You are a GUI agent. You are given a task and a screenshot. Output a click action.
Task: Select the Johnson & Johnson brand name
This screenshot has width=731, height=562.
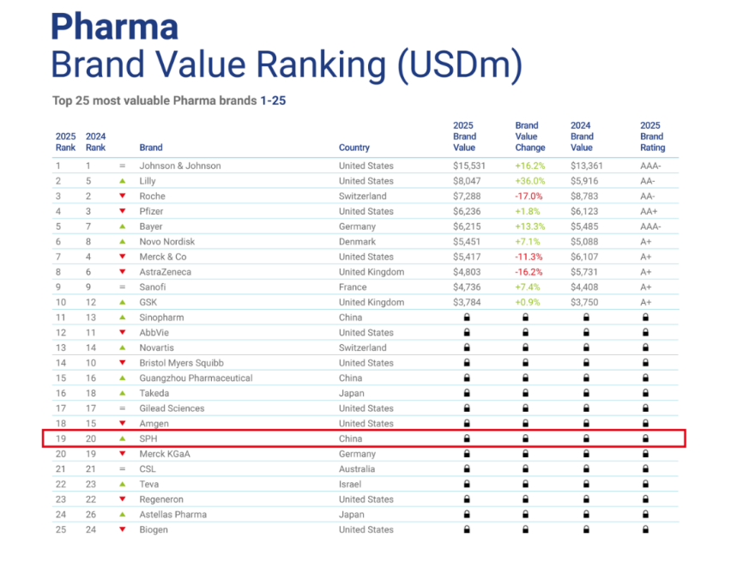(179, 166)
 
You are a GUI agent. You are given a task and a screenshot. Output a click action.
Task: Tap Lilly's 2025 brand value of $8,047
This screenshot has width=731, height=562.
(468, 181)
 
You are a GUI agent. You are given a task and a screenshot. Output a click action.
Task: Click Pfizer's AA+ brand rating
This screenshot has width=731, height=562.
(649, 211)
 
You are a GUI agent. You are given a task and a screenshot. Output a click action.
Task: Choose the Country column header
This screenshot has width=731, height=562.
(354, 148)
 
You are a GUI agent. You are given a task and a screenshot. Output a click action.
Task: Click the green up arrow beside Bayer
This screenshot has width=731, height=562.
(123, 227)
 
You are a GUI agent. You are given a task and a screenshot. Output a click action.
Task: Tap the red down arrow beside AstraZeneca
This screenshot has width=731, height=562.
(123, 272)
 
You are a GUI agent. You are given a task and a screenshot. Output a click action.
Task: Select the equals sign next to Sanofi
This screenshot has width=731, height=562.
(123, 287)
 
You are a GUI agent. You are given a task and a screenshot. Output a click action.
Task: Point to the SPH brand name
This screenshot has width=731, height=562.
(148, 438)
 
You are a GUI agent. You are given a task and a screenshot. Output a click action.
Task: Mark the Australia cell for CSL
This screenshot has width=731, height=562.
(357, 469)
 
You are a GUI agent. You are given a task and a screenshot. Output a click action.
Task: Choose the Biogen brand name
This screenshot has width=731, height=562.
(154, 529)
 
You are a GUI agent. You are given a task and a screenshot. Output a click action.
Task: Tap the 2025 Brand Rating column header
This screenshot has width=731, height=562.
(652, 136)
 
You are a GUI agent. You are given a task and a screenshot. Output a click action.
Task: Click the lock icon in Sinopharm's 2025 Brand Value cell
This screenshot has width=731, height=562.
(467, 317)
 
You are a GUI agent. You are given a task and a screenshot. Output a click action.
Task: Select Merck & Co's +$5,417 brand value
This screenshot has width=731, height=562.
(468, 257)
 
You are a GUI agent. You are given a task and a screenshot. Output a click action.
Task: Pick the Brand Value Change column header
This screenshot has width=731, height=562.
(530, 136)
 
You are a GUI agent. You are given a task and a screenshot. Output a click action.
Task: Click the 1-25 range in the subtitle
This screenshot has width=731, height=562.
(273, 101)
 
